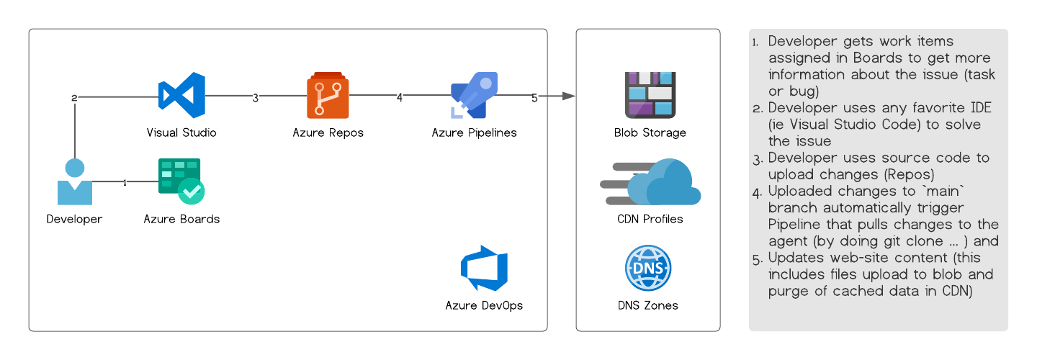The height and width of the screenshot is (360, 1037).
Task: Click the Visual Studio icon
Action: click(181, 95)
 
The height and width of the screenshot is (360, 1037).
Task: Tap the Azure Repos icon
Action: click(328, 95)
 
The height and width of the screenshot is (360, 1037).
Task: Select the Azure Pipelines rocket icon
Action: click(474, 95)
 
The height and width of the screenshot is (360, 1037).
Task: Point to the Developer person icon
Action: click(75, 182)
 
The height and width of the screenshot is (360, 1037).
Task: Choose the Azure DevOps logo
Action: click(484, 268)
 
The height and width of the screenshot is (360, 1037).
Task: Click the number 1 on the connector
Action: click(125, 183)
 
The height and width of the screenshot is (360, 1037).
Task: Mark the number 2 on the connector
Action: click(74, 98)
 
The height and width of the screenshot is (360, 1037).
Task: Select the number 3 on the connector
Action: click(255, 98)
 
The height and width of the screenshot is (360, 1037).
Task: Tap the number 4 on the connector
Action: click(400, 98)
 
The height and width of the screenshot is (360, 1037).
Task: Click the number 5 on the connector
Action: click(534, 98)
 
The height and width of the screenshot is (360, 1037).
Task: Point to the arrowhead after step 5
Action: click(569, 96)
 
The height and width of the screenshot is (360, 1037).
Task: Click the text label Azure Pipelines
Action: click(474, 132)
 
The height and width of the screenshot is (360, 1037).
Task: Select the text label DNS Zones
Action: click(647, 305)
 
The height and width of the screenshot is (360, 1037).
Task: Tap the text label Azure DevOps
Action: click(484, 305)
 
